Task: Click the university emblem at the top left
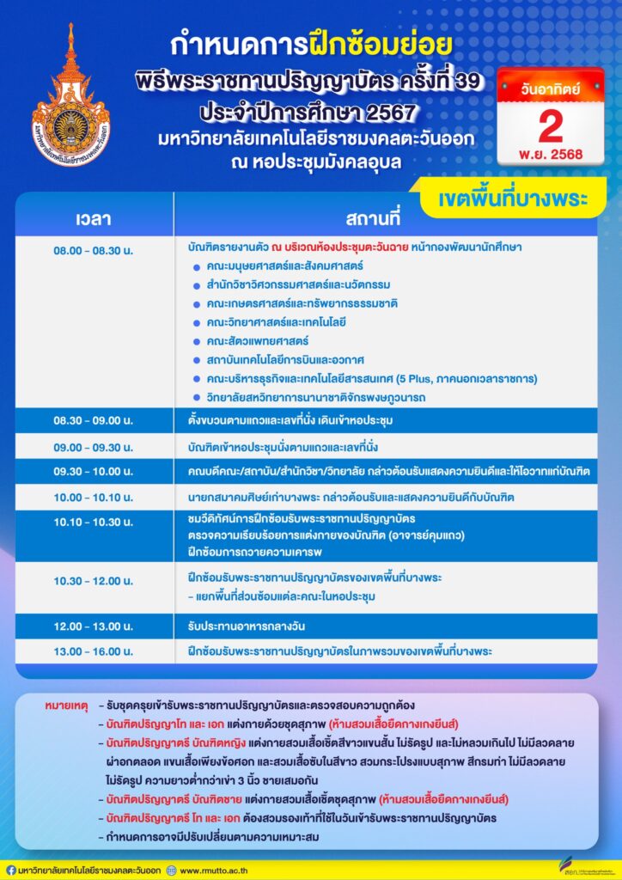pyautogui.click(x=70, y=96)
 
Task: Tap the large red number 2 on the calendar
pyautogui.click(x=550, y=125)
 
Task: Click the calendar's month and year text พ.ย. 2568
pyautogui.click(x=550, y=156)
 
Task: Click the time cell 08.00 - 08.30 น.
pyautogui.click(x=95, y=247)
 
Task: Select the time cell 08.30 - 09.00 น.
pyautogui.click(x=95, y=421)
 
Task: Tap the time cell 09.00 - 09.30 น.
pyautogui.click(x=95, y=447)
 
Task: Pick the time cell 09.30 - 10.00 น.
pyautogui.click(x=95, y=472)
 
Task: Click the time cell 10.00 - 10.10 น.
pyautogui.click(x=95, y=498)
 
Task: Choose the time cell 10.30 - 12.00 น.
pyautogui.click(x=95, y=581)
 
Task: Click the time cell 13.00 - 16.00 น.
pyautogui.click(x=95, y=651)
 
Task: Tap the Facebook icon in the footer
pyautogui.click(x=11, y=870)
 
